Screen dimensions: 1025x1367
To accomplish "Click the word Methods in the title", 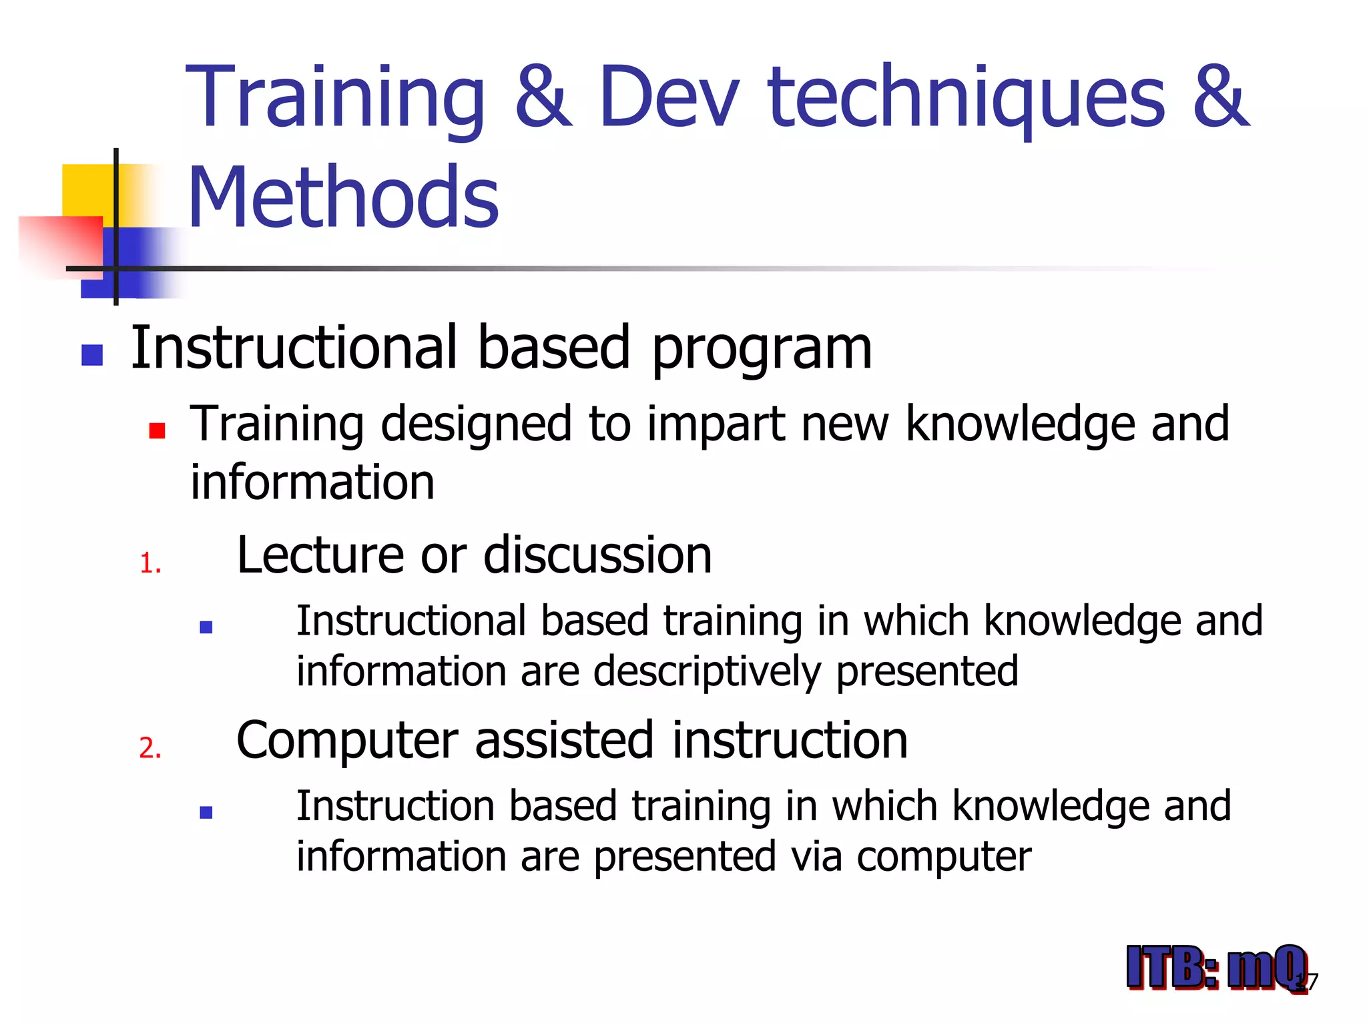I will [343, 198].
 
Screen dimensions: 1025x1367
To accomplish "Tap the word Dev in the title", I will [669, 97].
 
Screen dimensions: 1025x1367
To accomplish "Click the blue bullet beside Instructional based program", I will [92, 355].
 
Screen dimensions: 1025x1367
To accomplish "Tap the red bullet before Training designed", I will [157, 430].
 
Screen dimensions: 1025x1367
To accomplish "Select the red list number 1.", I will [150, 564].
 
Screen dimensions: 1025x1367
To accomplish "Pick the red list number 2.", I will [150, 748].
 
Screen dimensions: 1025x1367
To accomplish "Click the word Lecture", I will [320, 555].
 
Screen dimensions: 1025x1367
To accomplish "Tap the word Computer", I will [347, 741].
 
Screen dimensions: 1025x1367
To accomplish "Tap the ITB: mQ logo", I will [1216, 968].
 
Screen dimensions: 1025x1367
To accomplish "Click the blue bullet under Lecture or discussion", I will [206, 627].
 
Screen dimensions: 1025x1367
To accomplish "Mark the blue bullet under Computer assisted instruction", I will [206, 812].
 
